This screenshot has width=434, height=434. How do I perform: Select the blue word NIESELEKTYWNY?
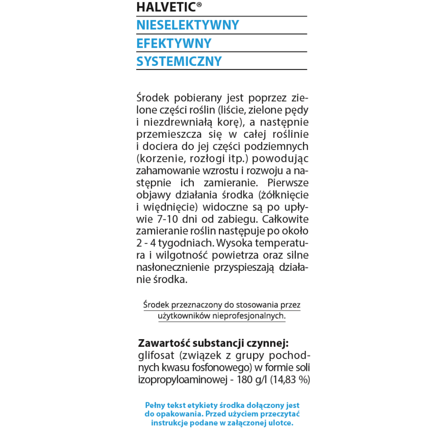(x=188, y=25)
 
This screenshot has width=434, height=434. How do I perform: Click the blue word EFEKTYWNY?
(x=174, y=43)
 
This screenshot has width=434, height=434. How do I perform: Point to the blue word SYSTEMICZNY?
(x=179, y=61)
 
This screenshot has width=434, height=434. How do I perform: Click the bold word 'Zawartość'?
(x=164, y=343)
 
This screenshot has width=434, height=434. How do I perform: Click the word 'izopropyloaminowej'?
(x=181, y=380)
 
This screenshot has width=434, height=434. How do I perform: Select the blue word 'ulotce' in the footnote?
(x=281, y=423)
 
